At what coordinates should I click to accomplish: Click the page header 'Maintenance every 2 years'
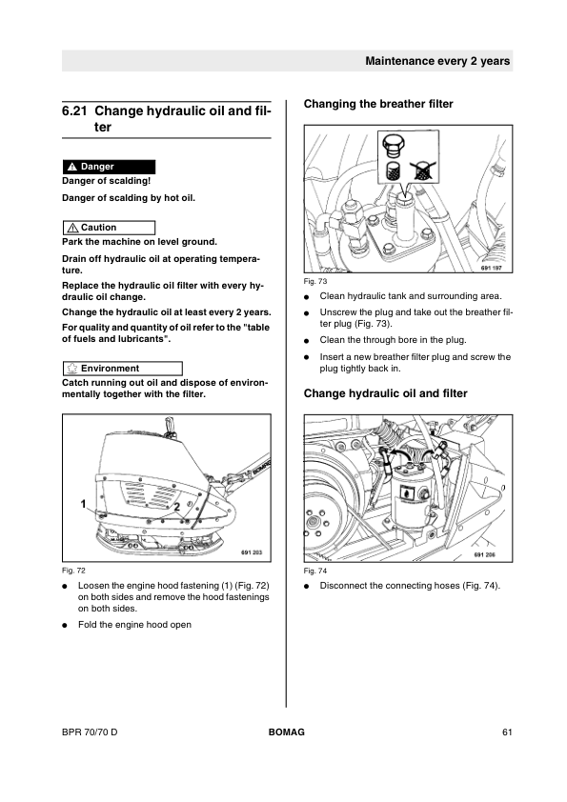tap(437, 61)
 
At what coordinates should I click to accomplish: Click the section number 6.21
tap(74, 111)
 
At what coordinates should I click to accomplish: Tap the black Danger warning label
tap(109, 167)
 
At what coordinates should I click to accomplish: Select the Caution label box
tap(109, 228)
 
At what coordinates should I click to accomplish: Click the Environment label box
tap(122, 369)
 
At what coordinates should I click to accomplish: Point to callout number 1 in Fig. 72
tap(84, 504)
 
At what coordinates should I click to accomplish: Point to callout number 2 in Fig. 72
tap(177, 507)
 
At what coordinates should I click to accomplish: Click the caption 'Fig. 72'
tap(73, 571)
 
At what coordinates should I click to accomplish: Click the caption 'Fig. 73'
tap(315, 281)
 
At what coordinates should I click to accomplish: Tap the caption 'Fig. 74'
tap(315, 571)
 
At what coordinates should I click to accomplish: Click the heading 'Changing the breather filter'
tap(378, 104)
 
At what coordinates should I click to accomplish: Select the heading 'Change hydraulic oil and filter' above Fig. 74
tap(386, 393)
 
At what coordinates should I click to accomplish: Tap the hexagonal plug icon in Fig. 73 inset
tap(393, 146)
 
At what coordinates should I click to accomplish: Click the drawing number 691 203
tap(252, 552)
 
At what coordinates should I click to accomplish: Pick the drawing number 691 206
tap(485, 555)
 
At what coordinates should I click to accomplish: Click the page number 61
tap(507, 732)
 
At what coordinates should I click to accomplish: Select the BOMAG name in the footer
tap(287, 732)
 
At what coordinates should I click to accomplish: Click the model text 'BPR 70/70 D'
tap(90, 732)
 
